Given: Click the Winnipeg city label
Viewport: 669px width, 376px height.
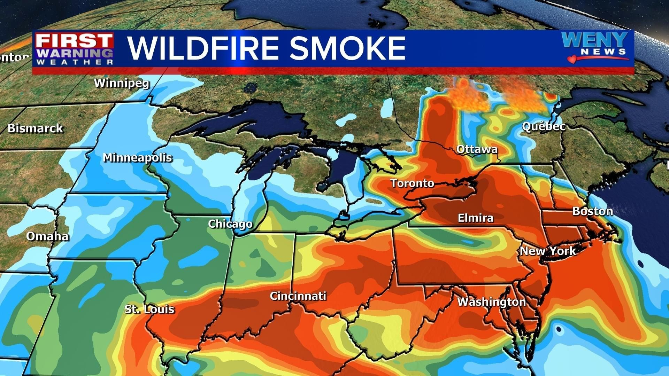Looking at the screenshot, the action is [x=122, y=83].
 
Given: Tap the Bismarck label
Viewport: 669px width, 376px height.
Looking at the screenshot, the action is [x=35, y=128].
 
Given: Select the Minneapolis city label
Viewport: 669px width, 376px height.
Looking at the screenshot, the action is [x=137, y=158].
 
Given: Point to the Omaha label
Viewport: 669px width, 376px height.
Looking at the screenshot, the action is [x=47, y=236].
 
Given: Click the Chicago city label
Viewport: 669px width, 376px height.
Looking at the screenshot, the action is [x=230, y=224].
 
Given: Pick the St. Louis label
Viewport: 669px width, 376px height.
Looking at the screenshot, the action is [x=149, y=309].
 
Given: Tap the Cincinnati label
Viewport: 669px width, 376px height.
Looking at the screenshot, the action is [x=298, y=296].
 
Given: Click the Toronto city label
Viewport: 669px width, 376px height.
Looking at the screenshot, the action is [x=412, y=183].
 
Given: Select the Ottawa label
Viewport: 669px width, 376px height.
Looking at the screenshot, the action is [x=477, y=149].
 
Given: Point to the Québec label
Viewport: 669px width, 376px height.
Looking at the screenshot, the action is [x=543, y=126].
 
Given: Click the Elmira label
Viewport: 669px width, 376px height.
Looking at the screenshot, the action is [x=476, y=218].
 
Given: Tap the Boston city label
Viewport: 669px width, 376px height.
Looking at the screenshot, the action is [x=592, y=211].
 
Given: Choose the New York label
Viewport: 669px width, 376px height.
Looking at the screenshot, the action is [x=547, y=251].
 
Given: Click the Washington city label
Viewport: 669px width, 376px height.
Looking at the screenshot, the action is [x=491, y=302].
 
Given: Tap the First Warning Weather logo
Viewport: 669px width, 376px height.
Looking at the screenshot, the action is [x=75, y=49].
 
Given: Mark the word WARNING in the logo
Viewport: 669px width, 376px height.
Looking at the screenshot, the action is [x=75, y=53].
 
